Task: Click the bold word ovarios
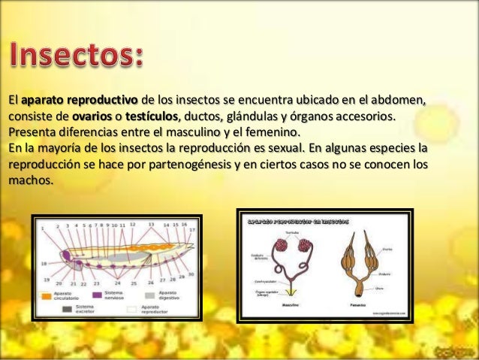[x=92, y=116]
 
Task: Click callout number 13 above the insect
[x=152, y=224]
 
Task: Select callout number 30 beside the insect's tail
[x=191, y=274]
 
